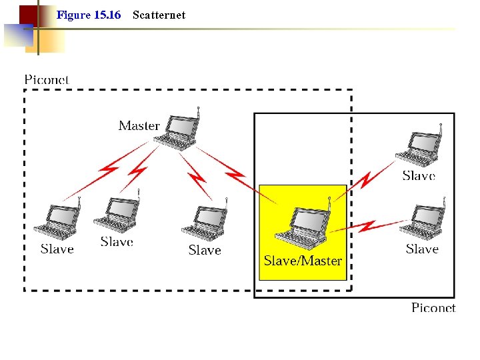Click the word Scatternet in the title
coord(159,15)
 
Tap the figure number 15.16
coord(107,15)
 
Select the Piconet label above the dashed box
coord(47,80)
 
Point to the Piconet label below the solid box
coord(433,307)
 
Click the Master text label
coord(139,125)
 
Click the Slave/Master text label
coord(303,261)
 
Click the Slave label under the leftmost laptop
coord(57,249)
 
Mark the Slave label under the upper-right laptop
coord(419,176)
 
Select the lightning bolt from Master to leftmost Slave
coord(107,171)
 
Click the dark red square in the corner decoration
coord(28,15)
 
